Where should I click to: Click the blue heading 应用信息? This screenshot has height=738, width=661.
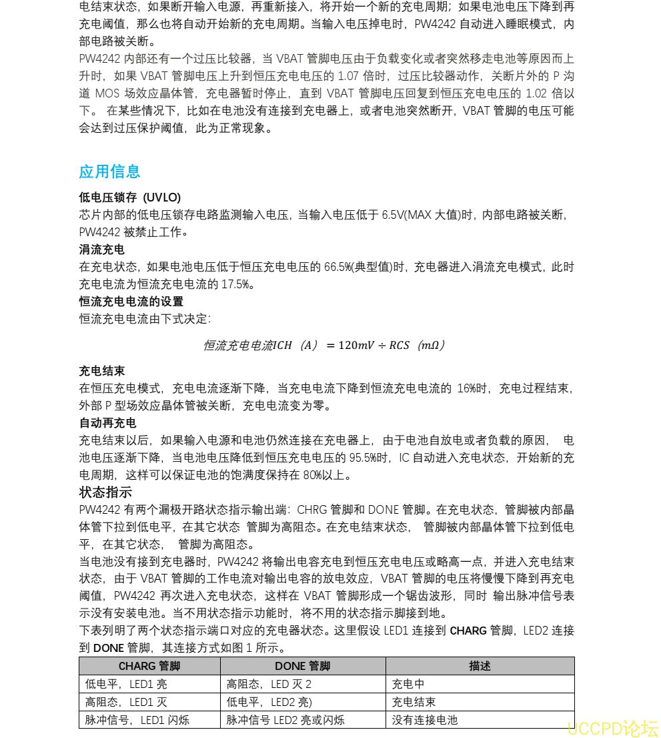pos(109,171)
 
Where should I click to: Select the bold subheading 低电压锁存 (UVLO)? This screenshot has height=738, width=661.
pos(130,198)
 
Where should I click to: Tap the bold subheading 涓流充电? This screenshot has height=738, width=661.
pos(101,250)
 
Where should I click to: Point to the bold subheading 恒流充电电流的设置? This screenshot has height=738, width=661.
pos(131,302)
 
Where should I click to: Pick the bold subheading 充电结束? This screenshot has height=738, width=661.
pos(101,371)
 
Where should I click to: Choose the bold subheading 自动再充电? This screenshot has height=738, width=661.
pos(107,423)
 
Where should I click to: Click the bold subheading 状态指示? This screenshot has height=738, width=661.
pos(105,492)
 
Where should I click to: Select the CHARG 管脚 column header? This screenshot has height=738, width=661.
pos(149,666)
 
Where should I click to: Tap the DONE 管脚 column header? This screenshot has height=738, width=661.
pos(302,666)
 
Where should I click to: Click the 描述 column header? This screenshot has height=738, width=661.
pos(480,666)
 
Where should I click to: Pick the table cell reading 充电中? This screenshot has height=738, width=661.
pos(408,684)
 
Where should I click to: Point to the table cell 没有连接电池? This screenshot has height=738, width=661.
pos(425,720)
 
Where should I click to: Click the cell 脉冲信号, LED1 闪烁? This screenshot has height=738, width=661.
pos(137,720)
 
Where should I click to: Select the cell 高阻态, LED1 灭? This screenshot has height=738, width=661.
pos(126,702)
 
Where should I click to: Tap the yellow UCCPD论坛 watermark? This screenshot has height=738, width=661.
pos(612,727)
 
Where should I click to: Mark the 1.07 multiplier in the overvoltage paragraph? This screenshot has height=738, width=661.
pos(350,76)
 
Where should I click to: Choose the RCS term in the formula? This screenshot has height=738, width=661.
pos(399,345)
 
